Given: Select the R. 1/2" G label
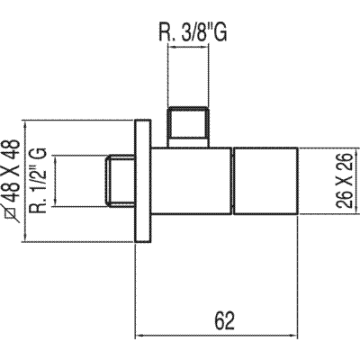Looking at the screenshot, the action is pos(38,180).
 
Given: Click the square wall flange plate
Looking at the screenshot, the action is pos(142,181).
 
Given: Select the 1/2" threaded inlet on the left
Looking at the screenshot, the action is pos(120,181).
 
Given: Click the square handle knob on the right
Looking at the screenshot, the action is pos(265,181).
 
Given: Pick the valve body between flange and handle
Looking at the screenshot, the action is pos(191,181).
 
